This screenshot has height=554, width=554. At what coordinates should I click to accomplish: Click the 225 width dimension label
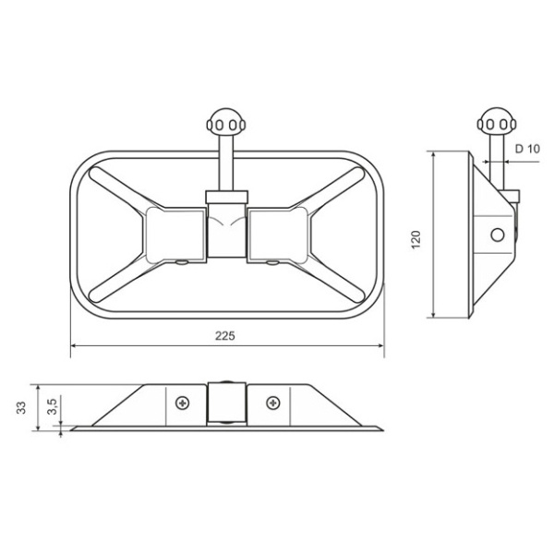tap(225, 336)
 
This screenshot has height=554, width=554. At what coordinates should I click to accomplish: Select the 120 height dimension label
tap(416, 239)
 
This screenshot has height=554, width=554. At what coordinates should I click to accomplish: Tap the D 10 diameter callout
tap(527, 149)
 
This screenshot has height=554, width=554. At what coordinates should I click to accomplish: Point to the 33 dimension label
tap(21, 407)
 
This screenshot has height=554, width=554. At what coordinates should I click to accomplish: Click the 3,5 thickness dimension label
tap(52, 406)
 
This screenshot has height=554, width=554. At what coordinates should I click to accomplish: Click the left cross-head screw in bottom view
tap(183, 403)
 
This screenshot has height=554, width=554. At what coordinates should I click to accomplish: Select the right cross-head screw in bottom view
tap(272, 402)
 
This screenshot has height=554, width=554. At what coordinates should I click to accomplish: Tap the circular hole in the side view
tap(498, 235)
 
